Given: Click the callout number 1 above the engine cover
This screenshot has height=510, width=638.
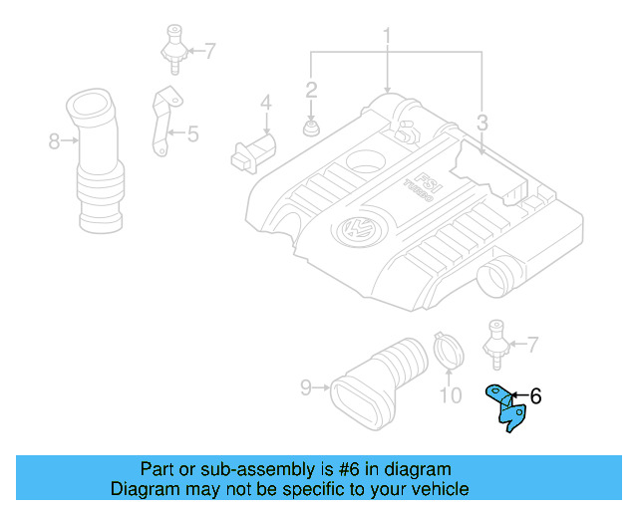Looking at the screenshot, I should click(x=387, y=38).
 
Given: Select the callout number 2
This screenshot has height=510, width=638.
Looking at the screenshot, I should click(x=311, y=90).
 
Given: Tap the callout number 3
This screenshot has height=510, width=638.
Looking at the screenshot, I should click(x=481, y=124).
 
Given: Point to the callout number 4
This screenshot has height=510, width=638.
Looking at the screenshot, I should click(x=266, y=102).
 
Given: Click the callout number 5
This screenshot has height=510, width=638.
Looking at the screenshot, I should click(x=192, y=130).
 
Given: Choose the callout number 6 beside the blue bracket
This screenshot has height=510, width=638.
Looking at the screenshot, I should click(x=535, y=396).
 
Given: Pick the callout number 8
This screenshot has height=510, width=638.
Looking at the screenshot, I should click(x=54, y=141).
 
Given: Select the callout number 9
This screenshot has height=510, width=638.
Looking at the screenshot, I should click(x=307, y=385).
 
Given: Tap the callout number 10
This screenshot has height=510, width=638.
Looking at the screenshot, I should click(x=451, y=396).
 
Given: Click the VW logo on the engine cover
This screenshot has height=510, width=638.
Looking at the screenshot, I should click(x=354, y=229).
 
